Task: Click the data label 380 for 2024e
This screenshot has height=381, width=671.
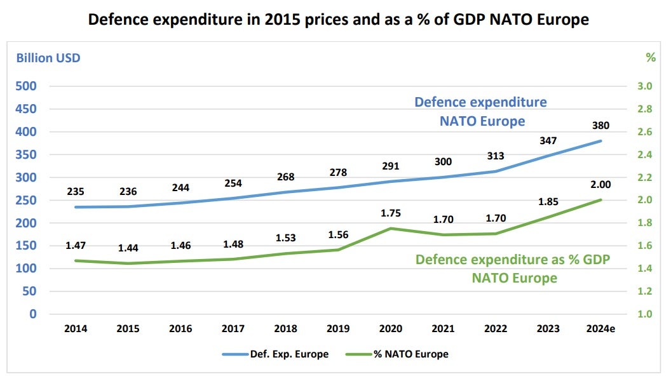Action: (600, 125)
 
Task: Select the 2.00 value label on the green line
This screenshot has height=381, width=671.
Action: (600, 184)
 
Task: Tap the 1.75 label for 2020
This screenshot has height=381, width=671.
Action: (390, 213)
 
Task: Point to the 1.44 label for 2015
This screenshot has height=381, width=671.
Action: (128, 248)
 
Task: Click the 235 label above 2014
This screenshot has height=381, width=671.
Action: (76, 191)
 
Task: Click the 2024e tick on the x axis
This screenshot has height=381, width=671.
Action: (600, 328)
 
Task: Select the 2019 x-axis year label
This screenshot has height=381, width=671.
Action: (338, 328)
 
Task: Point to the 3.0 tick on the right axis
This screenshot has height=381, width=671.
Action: (645, 86)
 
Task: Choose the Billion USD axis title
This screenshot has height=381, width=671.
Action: (48, 58)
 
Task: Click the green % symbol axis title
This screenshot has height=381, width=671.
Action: (650, 58)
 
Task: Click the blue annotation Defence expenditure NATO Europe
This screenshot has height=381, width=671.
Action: (481, 111)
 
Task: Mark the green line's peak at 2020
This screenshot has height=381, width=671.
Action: (390, 229)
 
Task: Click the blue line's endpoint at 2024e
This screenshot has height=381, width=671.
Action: (600, 141)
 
